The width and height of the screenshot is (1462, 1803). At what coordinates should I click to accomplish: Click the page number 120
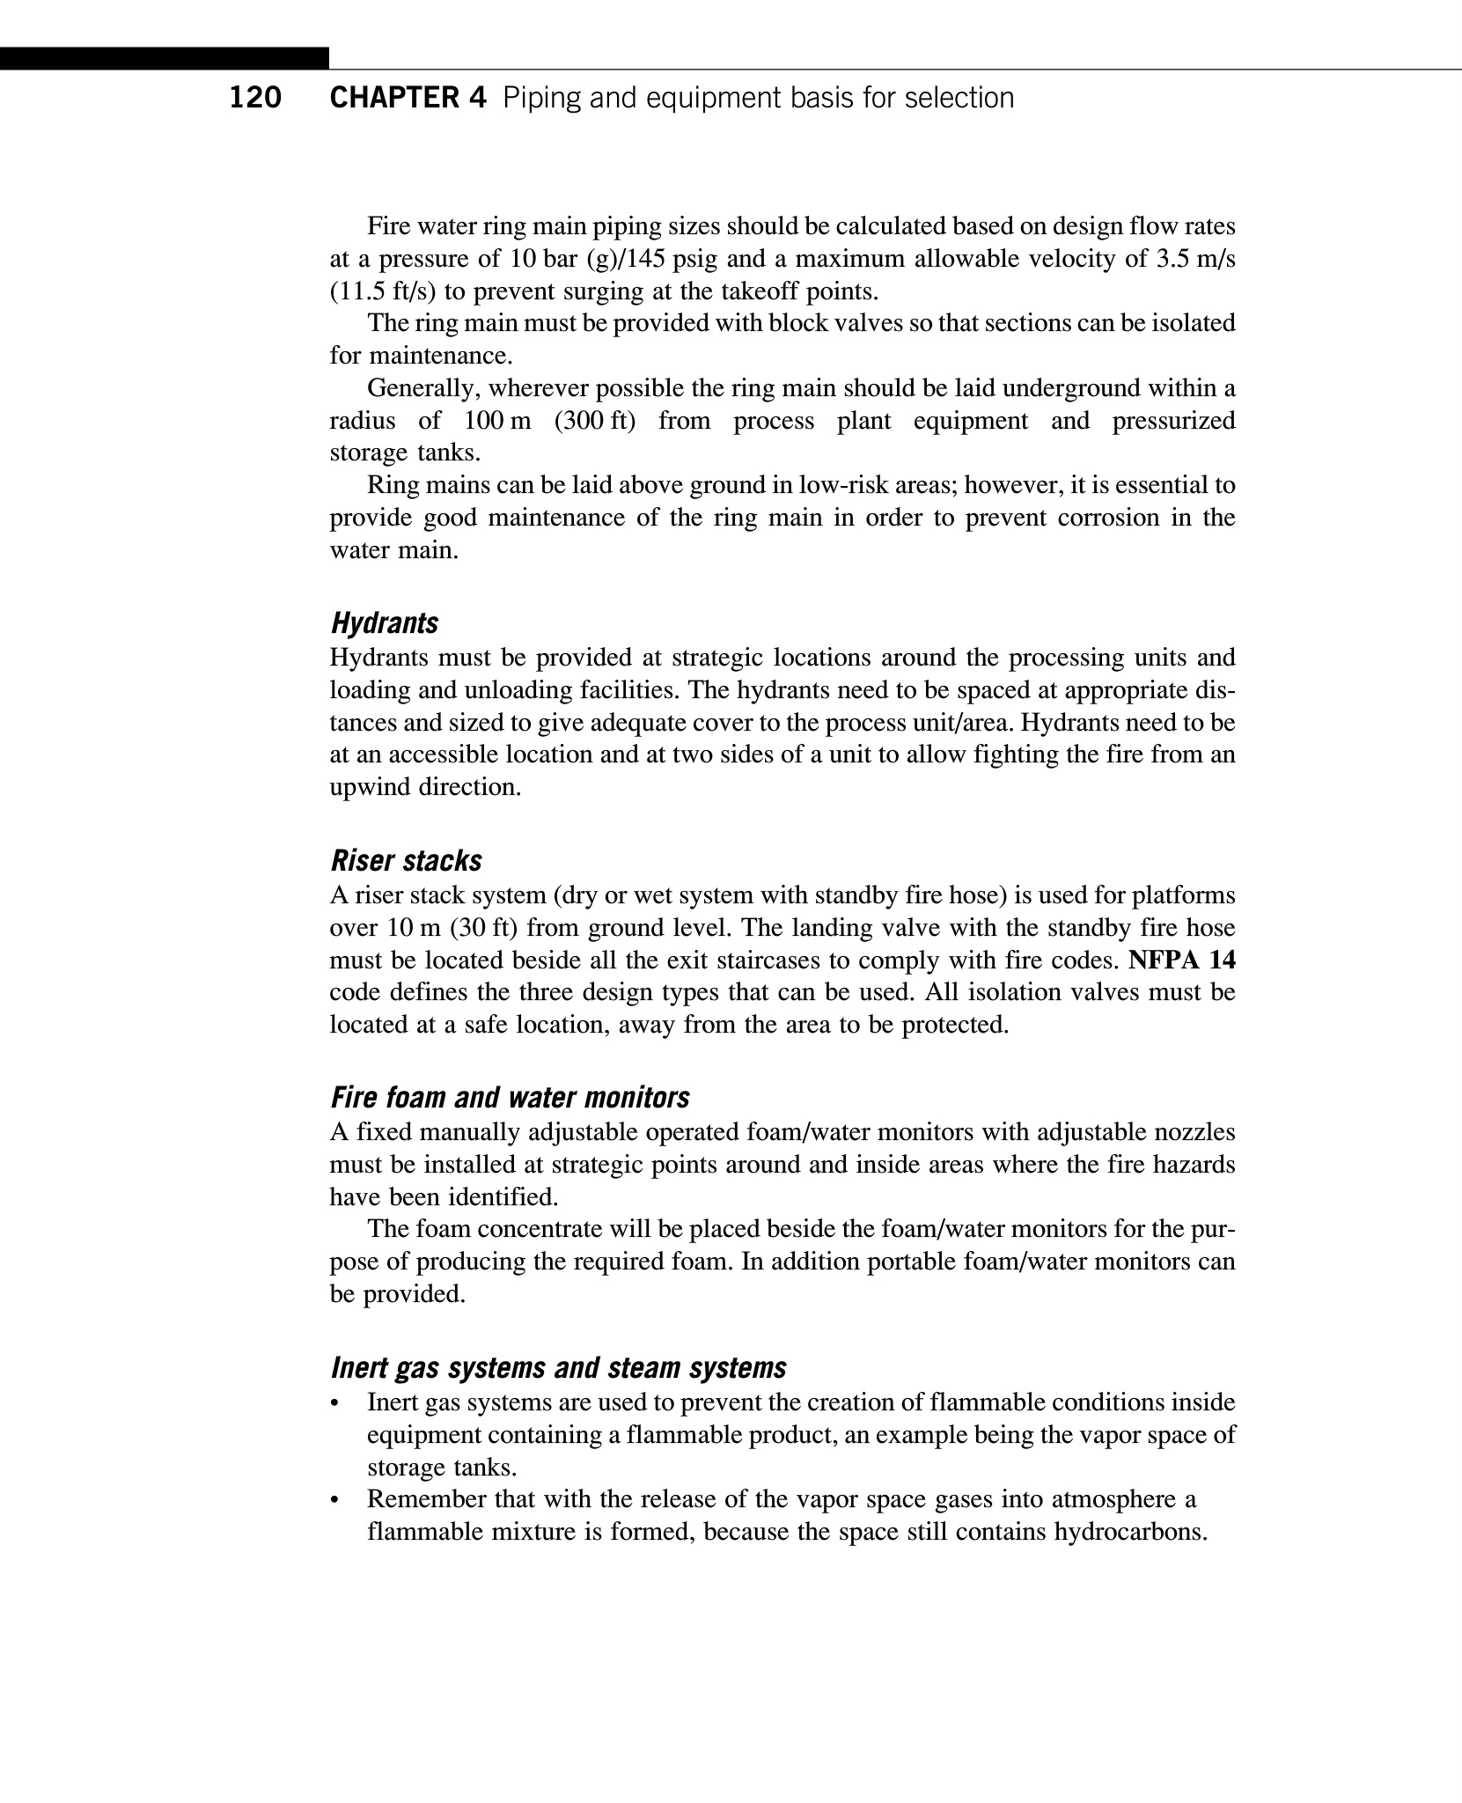(255, 98)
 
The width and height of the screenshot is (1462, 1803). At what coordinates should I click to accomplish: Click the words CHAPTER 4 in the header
(408, 98)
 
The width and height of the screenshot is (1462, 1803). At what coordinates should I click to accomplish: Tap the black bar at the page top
(165, 59)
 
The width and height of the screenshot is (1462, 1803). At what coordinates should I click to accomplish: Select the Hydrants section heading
(384, 623)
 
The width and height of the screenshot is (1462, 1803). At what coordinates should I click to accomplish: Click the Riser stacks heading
(406, 860)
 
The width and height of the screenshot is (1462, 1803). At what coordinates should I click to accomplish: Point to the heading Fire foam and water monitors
(510, 1098)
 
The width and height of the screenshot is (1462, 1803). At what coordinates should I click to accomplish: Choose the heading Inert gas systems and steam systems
(558, 1368)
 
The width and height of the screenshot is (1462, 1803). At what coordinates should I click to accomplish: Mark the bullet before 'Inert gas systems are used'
(334, 1403)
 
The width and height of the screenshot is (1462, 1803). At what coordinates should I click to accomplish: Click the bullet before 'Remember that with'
(334, 1500)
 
